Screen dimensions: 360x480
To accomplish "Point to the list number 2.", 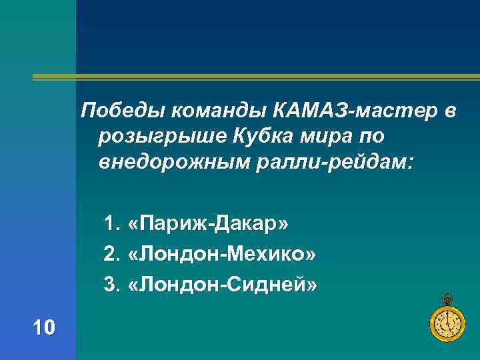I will pos(110,254).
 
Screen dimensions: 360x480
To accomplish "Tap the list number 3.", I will pos(110,285).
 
